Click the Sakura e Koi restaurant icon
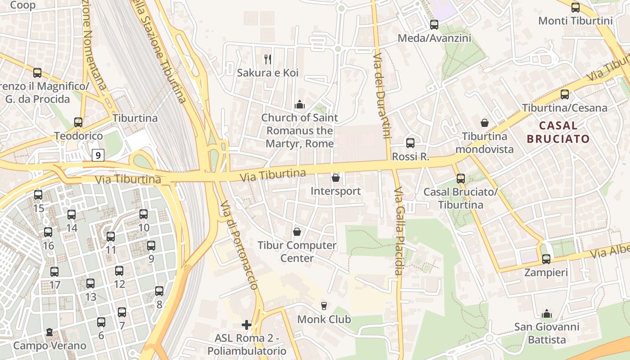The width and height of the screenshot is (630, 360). [x=268, y=59]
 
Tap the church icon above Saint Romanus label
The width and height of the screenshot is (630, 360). [x=299, y=105]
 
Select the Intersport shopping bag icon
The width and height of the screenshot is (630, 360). [x=335, y=178]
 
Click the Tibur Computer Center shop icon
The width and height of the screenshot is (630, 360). [x=297, y=232]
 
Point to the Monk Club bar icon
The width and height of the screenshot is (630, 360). [x=324, y=306]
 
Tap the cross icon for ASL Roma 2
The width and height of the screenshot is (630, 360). [x=246, y=324]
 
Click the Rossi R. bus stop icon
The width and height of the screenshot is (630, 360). [x=410, y=143]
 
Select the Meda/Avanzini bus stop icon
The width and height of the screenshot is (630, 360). [x=434, y=25]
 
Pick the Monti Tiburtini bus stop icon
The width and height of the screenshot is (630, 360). [x=575, y=7]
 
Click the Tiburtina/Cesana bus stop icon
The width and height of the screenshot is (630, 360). [x=564, y=94]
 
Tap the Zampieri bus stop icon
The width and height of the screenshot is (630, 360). [x=546, y=259]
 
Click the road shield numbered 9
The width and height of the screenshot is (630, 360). [x=98, y=156]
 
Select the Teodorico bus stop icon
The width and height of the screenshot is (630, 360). [x=78, y=122]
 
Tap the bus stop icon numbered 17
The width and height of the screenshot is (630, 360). [x=54, y=272]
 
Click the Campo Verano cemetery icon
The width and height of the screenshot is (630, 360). [x=49, y=333]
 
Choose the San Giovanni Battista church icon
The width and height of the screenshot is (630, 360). [x=546, y=313]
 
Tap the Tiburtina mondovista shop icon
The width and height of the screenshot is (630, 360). [x=485, y=123]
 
